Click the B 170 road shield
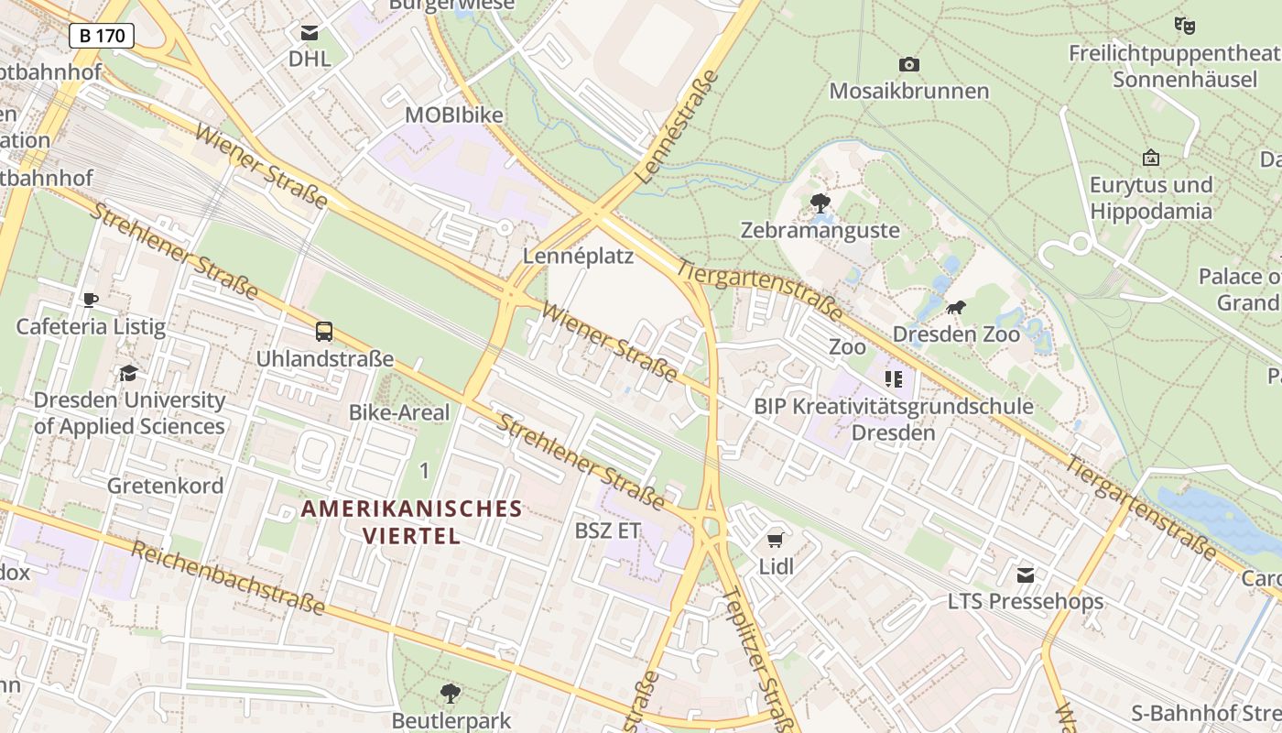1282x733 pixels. [x=102, y=36]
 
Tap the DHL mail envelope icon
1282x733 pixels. [x=310, y=34]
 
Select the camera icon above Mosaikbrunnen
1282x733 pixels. [x=908, y=64]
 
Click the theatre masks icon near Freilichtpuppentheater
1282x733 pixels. [x=1185, y=26]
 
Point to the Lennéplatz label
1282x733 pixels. [x=578, y=256]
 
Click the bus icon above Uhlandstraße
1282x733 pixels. [x=324, y=332]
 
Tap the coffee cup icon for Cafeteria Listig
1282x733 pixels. [x=91, y=300]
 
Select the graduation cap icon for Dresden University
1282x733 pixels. [x=128, y=374]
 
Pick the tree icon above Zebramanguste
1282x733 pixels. [x=820, y=202]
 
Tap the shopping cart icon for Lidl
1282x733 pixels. [x=776, y=540]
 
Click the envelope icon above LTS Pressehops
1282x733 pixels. [x=1026, y=575]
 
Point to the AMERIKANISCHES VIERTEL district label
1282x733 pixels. [x=412, y=521]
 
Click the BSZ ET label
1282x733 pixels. [x=607, y=531]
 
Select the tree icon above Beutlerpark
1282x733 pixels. [x=450, y=693]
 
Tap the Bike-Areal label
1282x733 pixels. [x=399, y=412]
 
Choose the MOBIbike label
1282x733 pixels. [x=454, y=115]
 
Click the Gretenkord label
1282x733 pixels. [x=165, y=486]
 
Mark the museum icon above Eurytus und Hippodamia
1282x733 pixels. [x=1151, y=158]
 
